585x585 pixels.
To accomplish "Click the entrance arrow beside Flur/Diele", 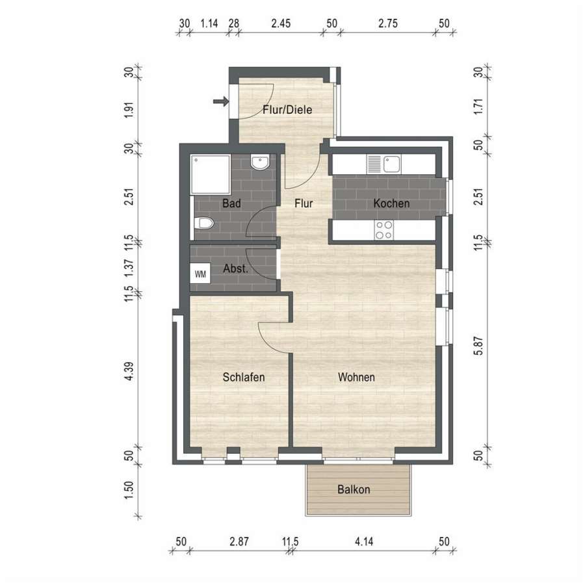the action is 220,101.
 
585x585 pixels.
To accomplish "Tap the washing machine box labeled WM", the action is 200,274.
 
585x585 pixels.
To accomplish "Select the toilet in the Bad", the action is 204,224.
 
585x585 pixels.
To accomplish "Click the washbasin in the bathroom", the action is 260,162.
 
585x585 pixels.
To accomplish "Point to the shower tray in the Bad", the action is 211,174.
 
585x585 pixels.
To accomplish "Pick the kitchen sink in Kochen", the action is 384,164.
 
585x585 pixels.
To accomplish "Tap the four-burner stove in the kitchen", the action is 384,230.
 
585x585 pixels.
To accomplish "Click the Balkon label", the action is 354,489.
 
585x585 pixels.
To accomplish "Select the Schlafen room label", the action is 244,377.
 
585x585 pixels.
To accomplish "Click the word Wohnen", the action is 356,377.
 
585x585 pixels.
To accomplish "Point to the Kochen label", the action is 391,203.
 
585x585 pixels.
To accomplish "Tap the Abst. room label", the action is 235,268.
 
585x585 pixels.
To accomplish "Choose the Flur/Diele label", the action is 287,110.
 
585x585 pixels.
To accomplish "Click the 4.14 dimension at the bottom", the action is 364,541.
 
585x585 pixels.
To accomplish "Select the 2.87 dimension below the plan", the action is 239,541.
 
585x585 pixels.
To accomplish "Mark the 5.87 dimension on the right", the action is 478,346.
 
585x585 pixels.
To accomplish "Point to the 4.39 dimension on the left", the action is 129,371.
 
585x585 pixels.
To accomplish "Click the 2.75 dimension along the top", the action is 388,23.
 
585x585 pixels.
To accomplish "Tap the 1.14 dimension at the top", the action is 209,23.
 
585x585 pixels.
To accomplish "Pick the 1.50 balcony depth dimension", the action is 129,490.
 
